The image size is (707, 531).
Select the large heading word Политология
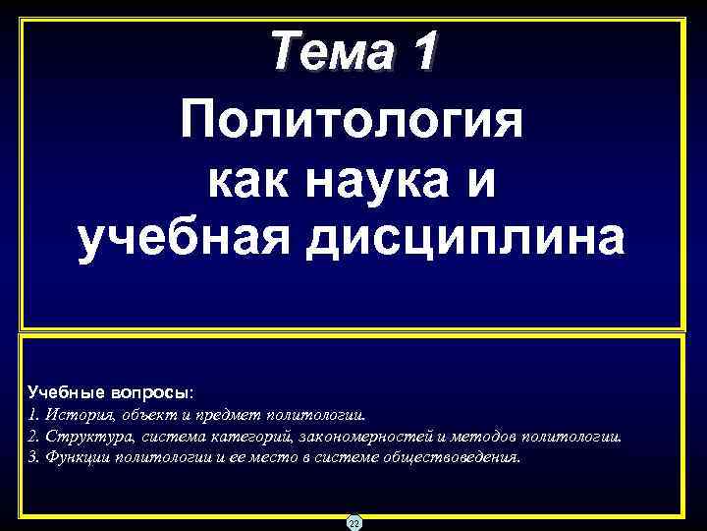[352, 122]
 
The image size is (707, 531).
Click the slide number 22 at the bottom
[353, 522]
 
